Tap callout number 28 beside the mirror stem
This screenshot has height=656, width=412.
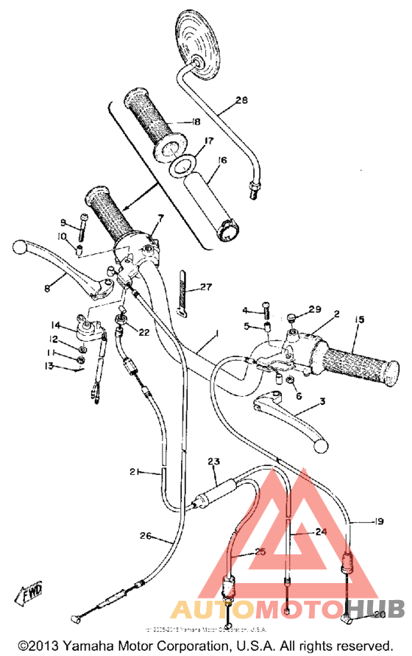coord(242,102)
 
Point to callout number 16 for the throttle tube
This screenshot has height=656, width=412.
coord(222,160)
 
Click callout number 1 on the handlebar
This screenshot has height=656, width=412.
coord(217,335)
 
